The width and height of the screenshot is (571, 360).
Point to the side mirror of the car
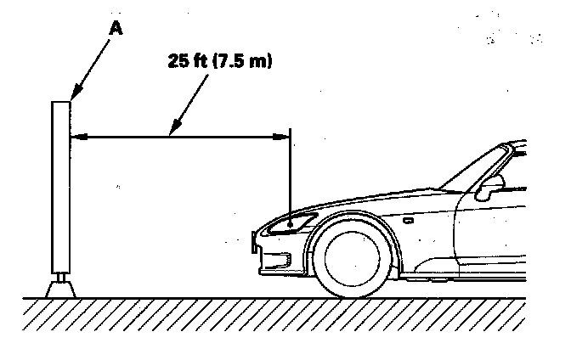(x=490, y=186)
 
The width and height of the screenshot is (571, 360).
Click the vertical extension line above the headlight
(x=290, y=170)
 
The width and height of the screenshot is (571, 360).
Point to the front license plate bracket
(x=255, y=245)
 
